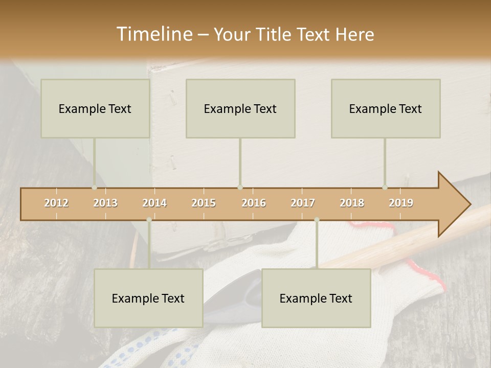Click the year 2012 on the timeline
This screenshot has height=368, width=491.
56,203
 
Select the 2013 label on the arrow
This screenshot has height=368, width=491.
105,203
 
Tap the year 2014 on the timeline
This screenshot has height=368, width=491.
154,203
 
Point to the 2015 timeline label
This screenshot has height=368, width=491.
204,203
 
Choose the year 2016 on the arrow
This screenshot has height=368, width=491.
254,203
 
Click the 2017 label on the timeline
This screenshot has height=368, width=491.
303,203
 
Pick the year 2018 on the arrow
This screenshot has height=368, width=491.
352,203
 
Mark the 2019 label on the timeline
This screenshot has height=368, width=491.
401,203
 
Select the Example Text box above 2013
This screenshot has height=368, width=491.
95,108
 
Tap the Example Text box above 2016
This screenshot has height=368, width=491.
240,108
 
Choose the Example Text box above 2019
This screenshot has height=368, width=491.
386,108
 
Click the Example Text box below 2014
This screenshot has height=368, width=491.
148,298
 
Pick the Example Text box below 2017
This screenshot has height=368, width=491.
316,298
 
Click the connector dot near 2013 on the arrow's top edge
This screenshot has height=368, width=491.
94,188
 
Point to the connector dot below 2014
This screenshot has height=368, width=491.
149,220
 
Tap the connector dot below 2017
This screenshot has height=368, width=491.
317,220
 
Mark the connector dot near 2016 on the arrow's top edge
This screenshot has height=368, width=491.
240,188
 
